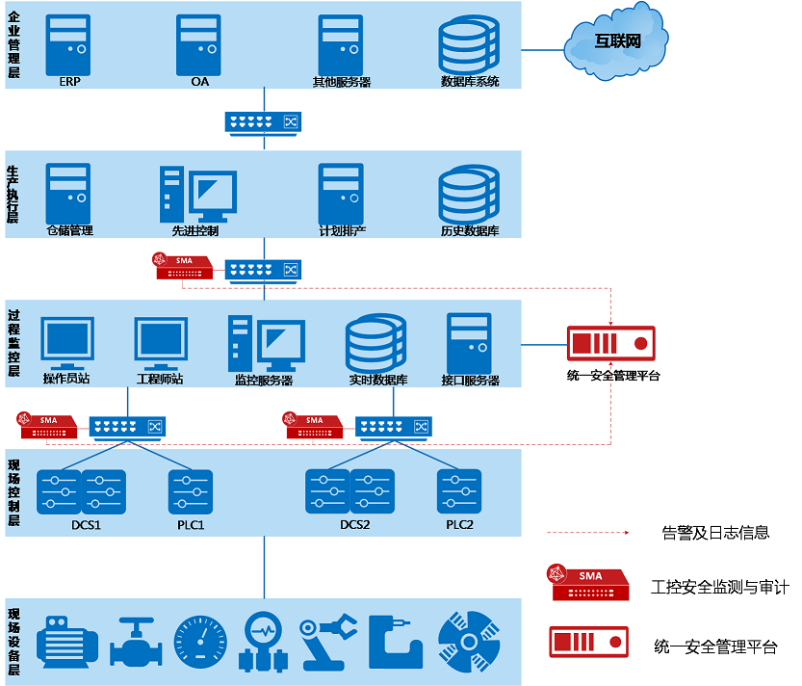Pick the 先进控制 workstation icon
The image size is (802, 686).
[198, 194]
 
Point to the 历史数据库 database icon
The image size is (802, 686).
[470, 194]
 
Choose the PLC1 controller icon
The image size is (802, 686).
[190, 491]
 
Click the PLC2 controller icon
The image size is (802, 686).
[458, 491]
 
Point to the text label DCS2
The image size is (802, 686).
[355, 525]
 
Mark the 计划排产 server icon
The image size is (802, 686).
[342, 193]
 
